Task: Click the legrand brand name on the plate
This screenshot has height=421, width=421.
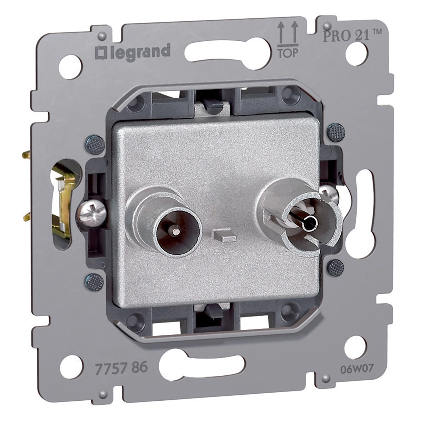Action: (x=132, y=52)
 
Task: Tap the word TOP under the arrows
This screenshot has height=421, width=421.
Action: (x=288, y=53)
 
